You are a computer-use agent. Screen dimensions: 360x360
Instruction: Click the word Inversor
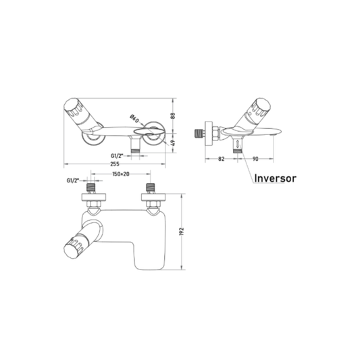[x=276, y=178]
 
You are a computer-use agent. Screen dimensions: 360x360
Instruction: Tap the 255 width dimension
[x=115, y=164]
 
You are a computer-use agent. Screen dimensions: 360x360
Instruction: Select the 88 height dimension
[x=174, y=115]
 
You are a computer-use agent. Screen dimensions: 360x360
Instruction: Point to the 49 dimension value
[x=174, y=143]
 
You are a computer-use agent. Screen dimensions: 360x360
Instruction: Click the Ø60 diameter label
[x=134, y=118]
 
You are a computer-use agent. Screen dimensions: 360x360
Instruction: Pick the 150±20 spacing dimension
[x=121, y=174]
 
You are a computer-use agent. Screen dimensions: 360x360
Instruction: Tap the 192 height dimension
[x=182, y=232]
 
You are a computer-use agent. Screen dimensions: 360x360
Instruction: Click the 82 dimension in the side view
[x=221, y=159]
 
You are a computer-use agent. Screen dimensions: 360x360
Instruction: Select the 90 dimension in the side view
[x=255, y=159]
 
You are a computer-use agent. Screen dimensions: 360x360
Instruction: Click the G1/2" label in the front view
[x=117, y=156]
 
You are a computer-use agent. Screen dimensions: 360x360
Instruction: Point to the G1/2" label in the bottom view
[x=73, y=181]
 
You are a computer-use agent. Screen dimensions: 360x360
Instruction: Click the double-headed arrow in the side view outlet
[x=237, y=143]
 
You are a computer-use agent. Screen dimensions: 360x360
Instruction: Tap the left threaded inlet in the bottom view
[x=91, y=188]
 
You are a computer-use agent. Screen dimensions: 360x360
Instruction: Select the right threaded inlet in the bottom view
[x=151, y=188]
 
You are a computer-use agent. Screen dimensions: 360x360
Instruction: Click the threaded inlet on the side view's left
[x=199, y=134]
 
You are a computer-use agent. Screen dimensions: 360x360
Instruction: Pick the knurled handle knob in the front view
[x=73, y=107]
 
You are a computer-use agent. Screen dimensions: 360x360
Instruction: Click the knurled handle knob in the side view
[x=260, y=106]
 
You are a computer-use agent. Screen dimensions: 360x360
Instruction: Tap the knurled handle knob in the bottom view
[x=73, y=249]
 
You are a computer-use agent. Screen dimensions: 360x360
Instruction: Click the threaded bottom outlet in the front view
[x=135, y=151]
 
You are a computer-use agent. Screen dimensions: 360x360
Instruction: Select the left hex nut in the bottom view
[x=94, y=204]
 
